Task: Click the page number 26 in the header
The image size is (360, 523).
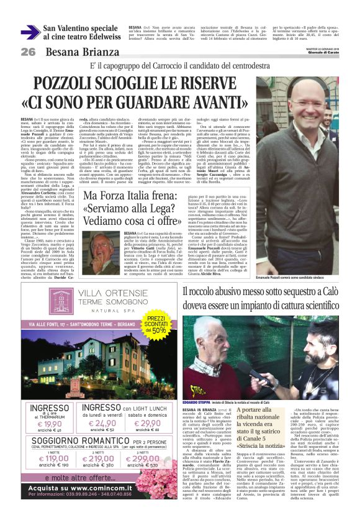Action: (x=29, y=52)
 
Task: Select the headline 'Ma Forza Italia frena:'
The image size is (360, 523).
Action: (x=127, y=181)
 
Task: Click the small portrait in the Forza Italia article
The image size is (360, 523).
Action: (x=101, y=247)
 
